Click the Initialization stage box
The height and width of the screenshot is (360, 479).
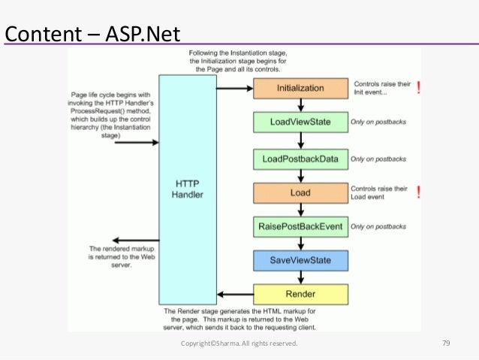[x=300, y=88]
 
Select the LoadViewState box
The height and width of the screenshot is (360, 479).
[x=300, y=122]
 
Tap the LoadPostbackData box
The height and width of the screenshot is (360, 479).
[x=300, y=159]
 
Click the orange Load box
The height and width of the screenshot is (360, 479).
[x=300, y=193]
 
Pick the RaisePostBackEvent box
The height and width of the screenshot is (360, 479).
[x=300, y=226]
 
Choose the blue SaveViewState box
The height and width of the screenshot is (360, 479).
[x=300, y=260]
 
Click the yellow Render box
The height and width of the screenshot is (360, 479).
[x=300, y=294]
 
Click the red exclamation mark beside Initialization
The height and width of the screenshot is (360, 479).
[x=418, y=88]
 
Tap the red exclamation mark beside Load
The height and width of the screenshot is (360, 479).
[x=418, y=192]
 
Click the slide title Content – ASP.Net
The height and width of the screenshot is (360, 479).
[x=93, y=34]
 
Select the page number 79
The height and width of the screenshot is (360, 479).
[x=445, y=343]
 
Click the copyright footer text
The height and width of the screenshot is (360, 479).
[x=239, y=343]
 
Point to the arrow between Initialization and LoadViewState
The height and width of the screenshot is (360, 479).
[x=300, y=105]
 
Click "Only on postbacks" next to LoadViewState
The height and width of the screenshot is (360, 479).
[x=378, y=123]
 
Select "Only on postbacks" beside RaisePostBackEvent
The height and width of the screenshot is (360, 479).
[x=378, y=227]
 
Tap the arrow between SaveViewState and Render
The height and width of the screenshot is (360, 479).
[x=300, y=277]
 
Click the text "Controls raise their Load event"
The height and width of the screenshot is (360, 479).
[x=379, y=192]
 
